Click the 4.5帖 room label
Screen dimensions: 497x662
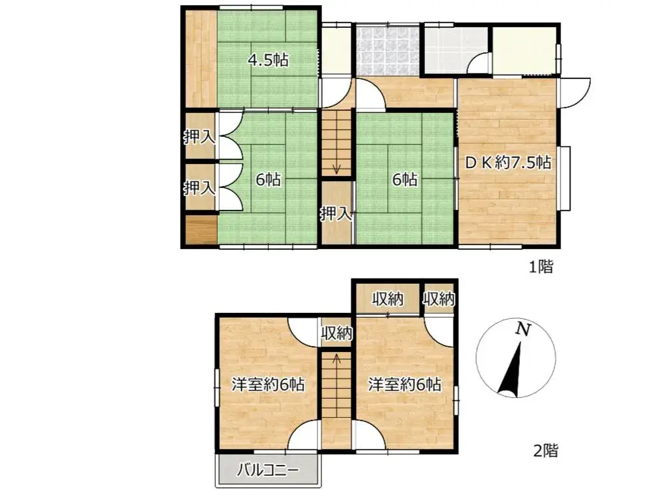point(268,60)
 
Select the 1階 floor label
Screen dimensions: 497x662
point(540,268)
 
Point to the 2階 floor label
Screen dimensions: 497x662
point(545,451)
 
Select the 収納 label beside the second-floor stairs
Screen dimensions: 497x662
point(336,333)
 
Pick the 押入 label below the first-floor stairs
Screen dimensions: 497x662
point(336,214)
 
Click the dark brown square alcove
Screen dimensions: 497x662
point(200,231)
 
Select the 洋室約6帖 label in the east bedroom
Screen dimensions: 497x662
point(405,384)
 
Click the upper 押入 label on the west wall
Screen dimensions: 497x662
point(199,138)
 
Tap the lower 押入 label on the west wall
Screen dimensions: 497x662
point(199,188)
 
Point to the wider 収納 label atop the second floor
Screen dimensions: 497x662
point(387,299)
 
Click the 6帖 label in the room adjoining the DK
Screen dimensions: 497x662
point(404,179)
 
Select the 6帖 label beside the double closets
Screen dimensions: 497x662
point(268,179)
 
